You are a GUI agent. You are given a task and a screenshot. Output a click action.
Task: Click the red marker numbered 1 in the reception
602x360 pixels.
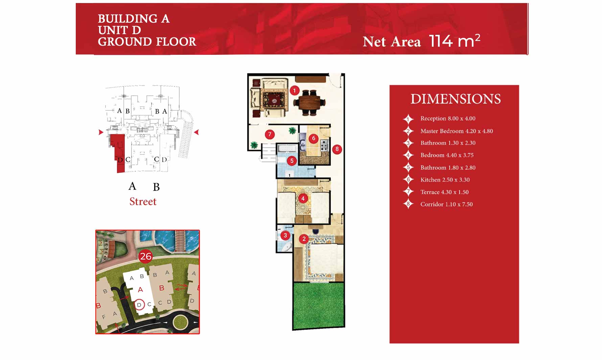pyautogui.click(x=295, y=90)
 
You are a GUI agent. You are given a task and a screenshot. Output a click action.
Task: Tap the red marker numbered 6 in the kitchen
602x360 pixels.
pyautogui.click(x=314, y=138)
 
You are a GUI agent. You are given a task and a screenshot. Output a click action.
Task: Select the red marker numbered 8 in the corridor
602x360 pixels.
pyautogui.click(x=337, y=149)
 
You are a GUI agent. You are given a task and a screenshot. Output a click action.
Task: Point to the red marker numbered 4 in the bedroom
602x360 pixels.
pyautogui.click(x=303, y=199)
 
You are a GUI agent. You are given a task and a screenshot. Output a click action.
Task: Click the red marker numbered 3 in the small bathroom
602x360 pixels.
pyautogui.click(x=285, y=235)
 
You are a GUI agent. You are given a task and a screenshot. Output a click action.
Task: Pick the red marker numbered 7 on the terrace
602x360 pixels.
pyautogui.click(x=270, y=134)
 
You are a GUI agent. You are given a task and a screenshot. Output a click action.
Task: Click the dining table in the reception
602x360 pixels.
pyautogui.click(x=310, y=102)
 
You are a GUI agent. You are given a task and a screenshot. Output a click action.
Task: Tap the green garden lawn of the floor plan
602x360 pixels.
pyautogui.click(x=319, y=305)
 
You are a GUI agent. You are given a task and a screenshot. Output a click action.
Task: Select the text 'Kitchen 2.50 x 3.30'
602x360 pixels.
pyautogui.click(x=445, y=180)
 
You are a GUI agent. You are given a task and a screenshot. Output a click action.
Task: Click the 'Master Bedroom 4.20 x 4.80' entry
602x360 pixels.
pyautogui.click(x=457, y=131)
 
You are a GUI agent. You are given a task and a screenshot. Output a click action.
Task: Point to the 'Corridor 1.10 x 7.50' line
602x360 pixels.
pyautogui.click(x=446, y=204)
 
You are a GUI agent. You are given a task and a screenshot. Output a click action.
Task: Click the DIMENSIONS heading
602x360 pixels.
pyautogui.click(x=456, y=99)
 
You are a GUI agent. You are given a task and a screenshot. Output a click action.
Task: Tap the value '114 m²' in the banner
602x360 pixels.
pyautogui.click(x=455, y=41)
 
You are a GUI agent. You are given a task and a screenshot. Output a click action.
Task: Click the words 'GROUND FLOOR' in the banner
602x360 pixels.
pyautogui.click(x=147, y=42)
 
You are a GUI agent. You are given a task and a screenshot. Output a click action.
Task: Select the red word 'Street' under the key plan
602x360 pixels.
pyautogui.click(x=143, y=201)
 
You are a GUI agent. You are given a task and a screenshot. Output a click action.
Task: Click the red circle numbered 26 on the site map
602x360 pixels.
pyautogui.click(x=146, y=256)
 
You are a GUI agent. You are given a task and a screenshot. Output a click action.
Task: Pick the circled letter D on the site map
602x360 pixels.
pyautogui.click(x=139, y=305)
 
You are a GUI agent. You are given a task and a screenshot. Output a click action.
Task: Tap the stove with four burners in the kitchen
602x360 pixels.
pyautogui.click(x=324, y=145)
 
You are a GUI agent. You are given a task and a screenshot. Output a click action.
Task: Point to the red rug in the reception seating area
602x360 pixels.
pyautogui.click(x=274, y=99)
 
